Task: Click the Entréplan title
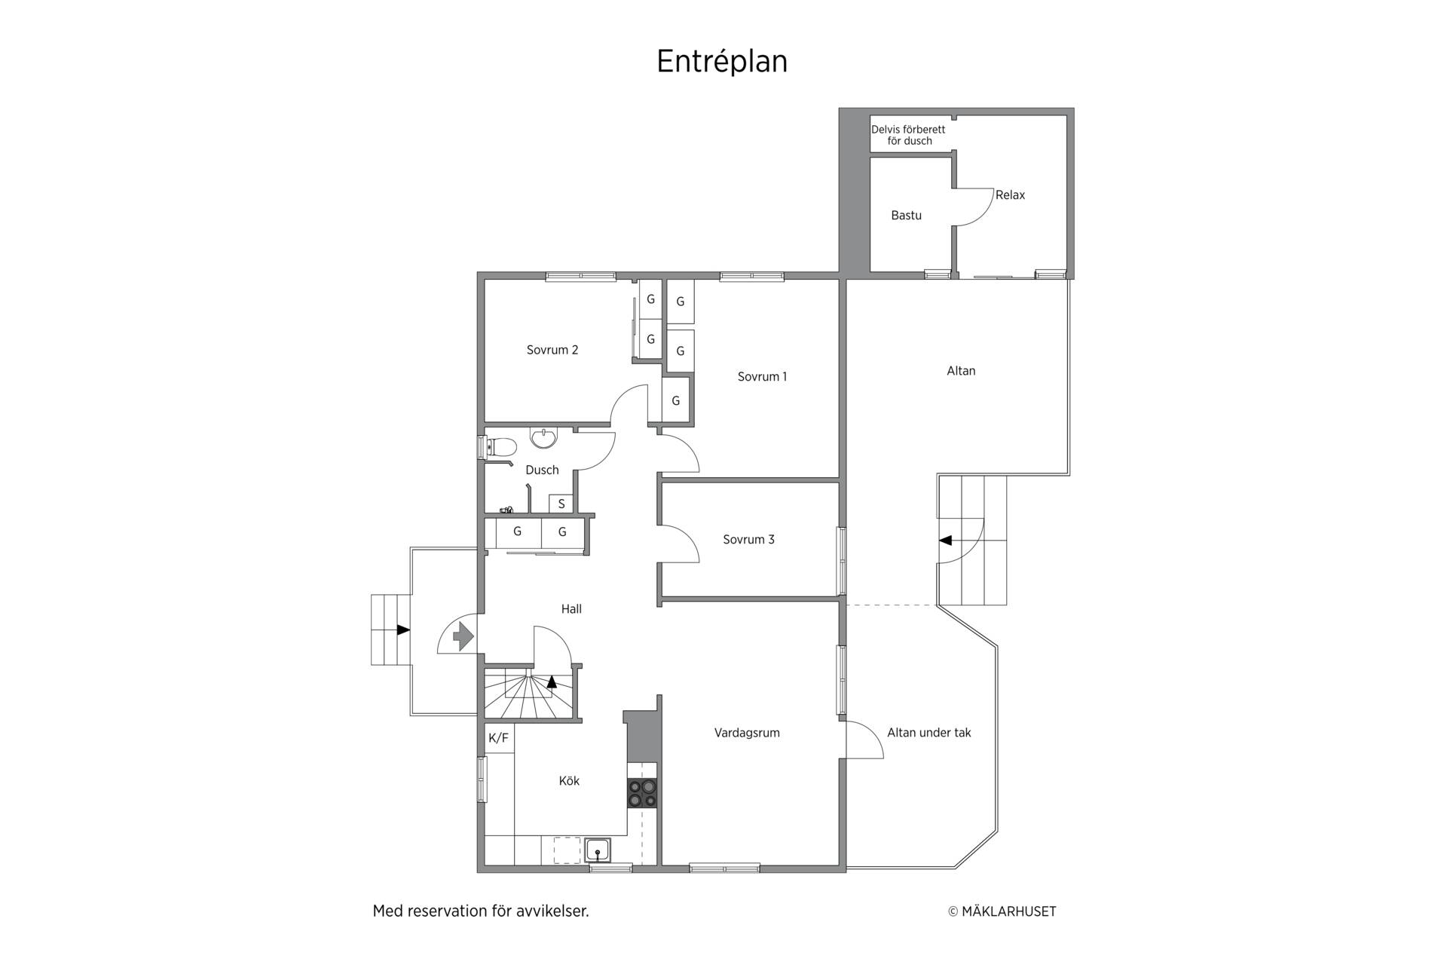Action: pos(722,63)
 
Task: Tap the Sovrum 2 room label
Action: pos(552,350)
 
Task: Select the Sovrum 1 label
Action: pos(762,377)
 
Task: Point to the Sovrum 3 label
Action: pos(748,540)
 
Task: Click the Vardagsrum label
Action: pos(747,733)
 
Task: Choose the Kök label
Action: pos(569,781)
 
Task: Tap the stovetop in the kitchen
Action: pos(642,794)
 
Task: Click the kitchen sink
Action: pos(598,850)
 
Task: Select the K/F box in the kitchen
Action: pos(499,738)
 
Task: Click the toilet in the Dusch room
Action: pos(497,448)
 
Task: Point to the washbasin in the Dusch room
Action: pos(543,437)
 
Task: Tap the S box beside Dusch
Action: pos(561,504)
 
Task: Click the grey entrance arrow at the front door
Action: pos(463,637)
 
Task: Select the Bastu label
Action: pos(906,216)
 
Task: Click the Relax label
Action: pos(1010,195)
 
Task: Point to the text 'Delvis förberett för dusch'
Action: pos(908,135)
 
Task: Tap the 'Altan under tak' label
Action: pos(929,733)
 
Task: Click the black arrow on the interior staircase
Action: pos(552,682)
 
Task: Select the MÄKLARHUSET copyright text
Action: pos(1002,911)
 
